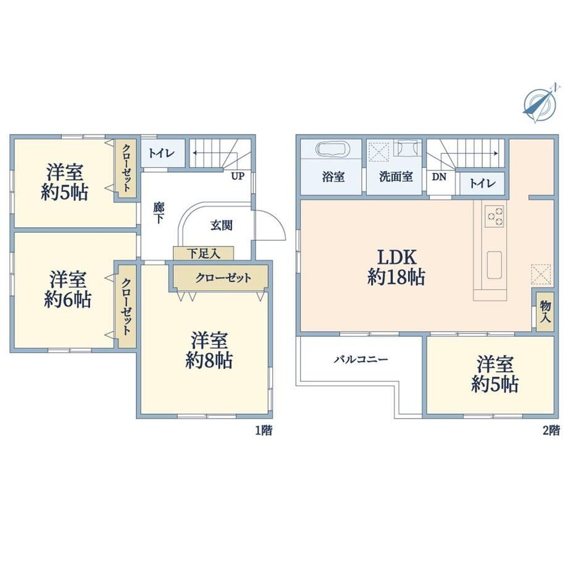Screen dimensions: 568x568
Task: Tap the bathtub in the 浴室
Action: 332,149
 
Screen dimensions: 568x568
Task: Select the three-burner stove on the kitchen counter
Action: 495,216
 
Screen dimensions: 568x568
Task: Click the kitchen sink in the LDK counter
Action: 494,265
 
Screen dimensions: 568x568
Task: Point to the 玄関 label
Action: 221,225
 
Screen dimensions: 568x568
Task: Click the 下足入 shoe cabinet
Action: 203,253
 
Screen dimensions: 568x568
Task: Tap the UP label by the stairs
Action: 238,177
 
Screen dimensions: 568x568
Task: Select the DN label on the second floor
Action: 439,177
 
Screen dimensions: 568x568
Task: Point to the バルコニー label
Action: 361,359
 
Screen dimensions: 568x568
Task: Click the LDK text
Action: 396,257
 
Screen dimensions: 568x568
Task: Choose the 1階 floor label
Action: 264,430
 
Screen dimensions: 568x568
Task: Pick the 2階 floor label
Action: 551,430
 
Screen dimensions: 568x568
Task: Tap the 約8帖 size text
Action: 209,360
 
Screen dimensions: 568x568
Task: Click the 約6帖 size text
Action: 68,299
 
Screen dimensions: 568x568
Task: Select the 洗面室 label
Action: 396,177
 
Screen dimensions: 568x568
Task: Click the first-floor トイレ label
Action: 162,153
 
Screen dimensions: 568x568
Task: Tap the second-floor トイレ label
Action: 482,183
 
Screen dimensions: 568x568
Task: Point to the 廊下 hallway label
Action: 158,213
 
